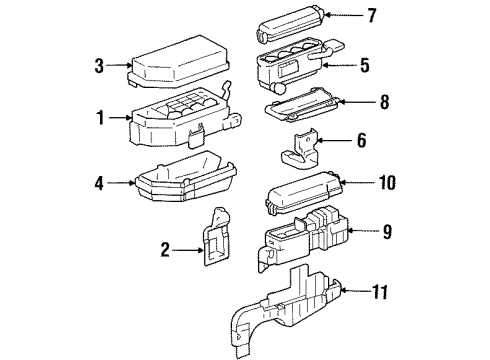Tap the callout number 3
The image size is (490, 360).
100,66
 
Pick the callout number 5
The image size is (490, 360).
364,65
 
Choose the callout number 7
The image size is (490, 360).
371,16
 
